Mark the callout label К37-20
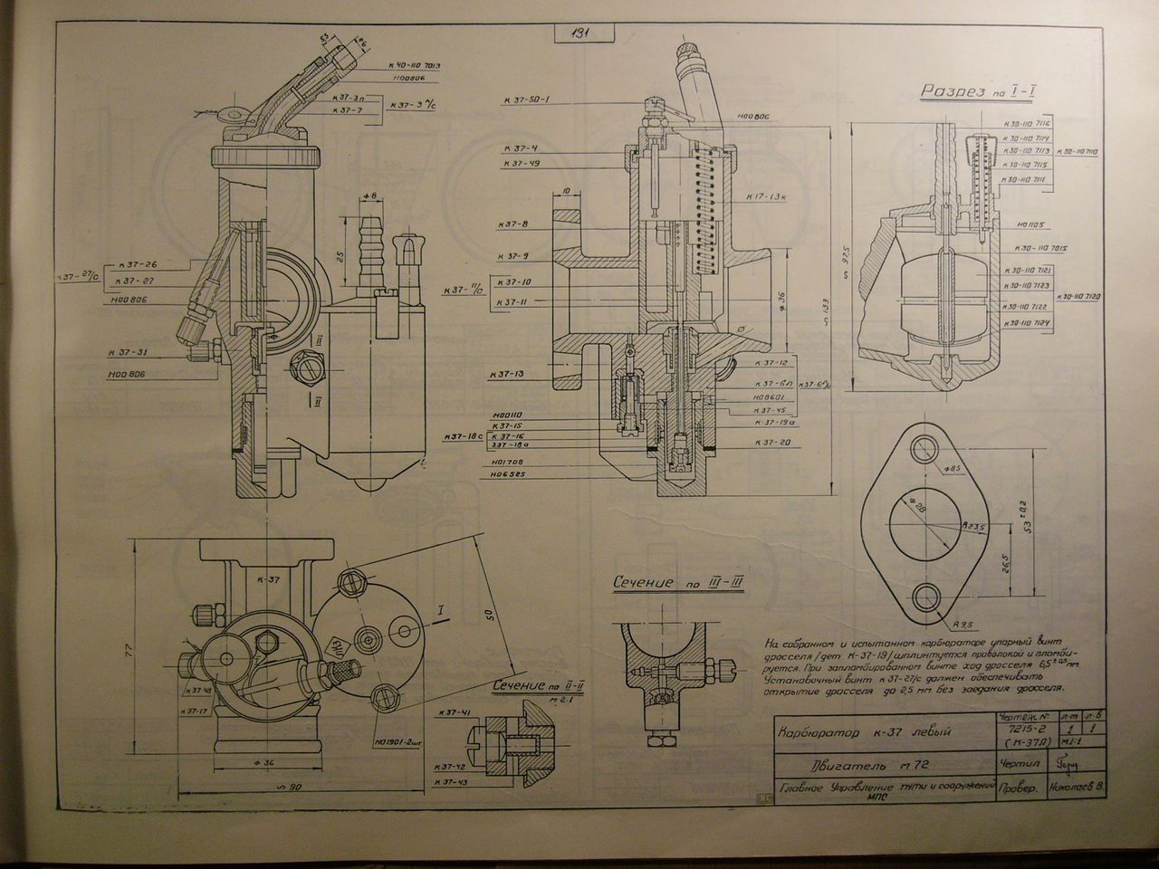pos(772,443)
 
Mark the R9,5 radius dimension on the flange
pos(963,624)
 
